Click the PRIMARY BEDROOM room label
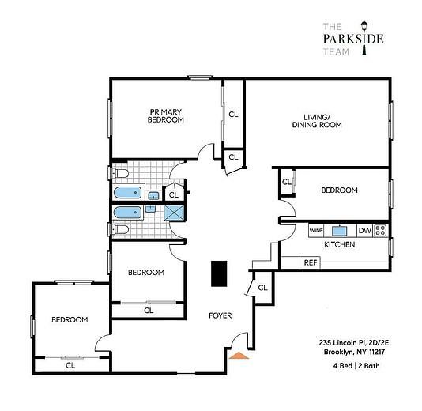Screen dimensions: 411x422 point(166,115)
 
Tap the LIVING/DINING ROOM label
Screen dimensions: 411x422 point(316,120)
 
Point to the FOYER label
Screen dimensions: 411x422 point(220,315)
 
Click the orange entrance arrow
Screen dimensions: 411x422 point(239,355)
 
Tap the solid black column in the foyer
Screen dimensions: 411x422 point(219,273)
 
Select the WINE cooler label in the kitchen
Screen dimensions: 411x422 point(316,231)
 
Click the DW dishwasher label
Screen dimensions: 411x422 point(364,231)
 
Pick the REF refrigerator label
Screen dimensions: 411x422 point(311,262)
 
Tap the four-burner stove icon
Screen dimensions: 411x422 point(381,231)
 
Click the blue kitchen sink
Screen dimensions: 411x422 point(340,231)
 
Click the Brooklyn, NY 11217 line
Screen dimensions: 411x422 point(355,353)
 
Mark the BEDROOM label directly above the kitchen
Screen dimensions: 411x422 point(338,190)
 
